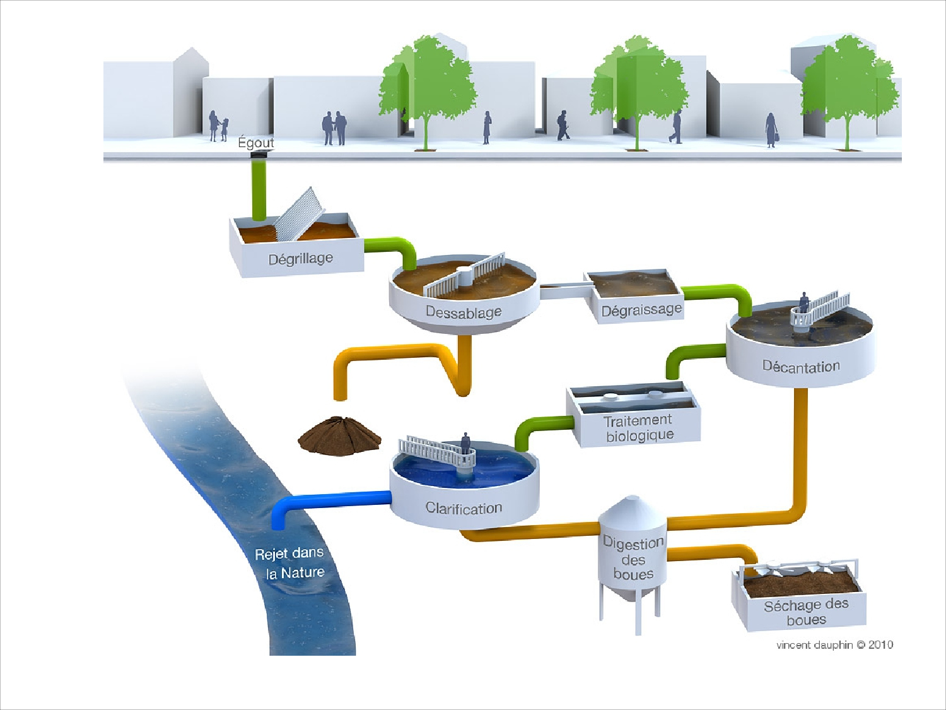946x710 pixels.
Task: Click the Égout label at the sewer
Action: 256,143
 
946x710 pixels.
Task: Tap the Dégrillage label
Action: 300,259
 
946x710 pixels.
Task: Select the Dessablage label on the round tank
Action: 464,312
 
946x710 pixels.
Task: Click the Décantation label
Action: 801,367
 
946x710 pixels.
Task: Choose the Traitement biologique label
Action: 638,428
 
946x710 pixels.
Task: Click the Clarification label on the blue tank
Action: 464,508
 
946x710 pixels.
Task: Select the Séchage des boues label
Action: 806,612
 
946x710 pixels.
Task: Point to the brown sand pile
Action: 339,435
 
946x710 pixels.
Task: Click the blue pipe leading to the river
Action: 328,501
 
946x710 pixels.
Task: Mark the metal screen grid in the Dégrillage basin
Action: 298,215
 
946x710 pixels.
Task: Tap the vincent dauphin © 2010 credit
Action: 834,644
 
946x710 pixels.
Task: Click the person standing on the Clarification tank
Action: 465,444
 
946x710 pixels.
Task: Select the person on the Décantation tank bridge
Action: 804,302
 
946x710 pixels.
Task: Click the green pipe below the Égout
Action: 259,189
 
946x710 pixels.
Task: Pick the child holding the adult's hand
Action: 224,129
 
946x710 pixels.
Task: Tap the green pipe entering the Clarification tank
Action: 536,429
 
